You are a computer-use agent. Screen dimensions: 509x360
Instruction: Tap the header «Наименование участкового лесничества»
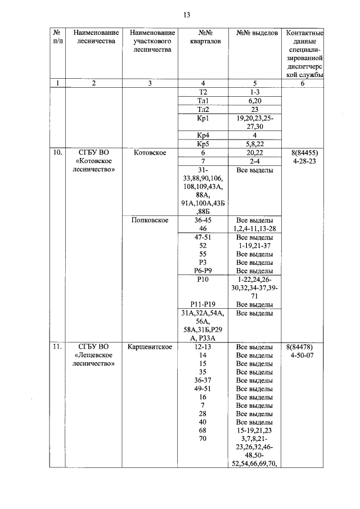tap(149, 41)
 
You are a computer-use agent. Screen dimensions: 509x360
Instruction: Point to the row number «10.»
tap(57, 152)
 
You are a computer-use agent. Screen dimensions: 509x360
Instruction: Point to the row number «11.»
tap(57, 347)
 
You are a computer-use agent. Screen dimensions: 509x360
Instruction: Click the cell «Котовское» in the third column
tap(149, 152)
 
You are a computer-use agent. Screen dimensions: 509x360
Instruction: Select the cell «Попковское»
tap(149, 219)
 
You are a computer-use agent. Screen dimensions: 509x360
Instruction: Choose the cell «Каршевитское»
tap(149, 347)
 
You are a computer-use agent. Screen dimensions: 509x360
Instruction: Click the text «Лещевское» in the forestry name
tap(94, 355)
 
